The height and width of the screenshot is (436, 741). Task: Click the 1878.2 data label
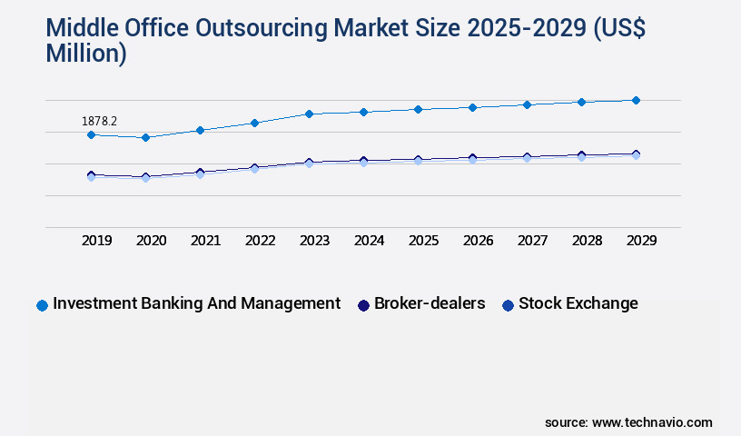click(100, 121)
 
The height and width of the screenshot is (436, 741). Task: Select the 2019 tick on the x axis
click(97, 241)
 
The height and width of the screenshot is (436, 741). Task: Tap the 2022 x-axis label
click(261, 241)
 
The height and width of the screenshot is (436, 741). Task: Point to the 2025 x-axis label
click(424, 241)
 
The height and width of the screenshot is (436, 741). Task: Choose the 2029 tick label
click(641, 241)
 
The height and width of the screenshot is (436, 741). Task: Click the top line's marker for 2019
click(91, 134)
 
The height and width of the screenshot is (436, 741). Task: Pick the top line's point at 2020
click(145, 137)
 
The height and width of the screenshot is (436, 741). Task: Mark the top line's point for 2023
click(309, 114)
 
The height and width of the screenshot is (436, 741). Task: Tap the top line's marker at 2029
click(636, 100)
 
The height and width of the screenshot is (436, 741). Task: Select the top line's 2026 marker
click(472, 107)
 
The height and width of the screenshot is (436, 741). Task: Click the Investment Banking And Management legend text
click(196, 303)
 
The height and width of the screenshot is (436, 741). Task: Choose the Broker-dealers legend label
click(430, 303)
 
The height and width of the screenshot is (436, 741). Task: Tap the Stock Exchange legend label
click(578, 303)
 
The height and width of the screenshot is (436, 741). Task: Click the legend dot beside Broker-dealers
click(363, 305)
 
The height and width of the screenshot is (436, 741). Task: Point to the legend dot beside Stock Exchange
click(508, 305)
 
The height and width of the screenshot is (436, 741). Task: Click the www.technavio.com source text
click(652, 422)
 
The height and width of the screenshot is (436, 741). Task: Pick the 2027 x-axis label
click(533, 241)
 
